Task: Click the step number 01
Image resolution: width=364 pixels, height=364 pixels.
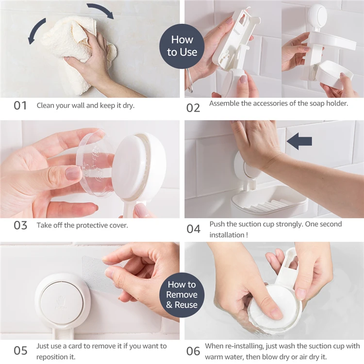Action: coord(20,106)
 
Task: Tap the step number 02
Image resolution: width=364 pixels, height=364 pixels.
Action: coord(193,108)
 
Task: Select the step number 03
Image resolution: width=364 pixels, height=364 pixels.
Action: coord(20,225)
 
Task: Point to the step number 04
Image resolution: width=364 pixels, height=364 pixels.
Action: coord(193,229)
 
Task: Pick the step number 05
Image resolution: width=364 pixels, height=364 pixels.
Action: coord(20,350)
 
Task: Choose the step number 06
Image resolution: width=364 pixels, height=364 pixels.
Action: coord(193,351)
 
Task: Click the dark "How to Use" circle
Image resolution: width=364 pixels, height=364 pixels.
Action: coord(182,46)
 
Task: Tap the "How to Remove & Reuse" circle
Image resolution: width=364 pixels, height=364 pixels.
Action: coord(182,295)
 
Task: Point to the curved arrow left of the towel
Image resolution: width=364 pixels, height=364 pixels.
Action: coord(35,30)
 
